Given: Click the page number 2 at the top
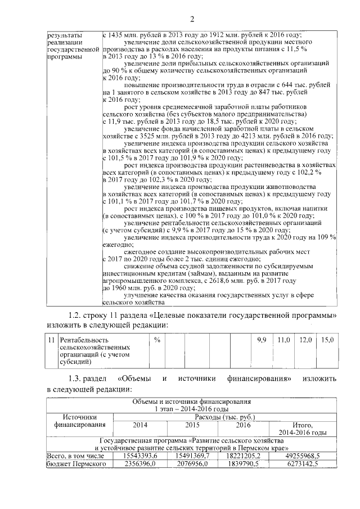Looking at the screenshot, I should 191,21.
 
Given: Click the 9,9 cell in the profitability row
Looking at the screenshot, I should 260,340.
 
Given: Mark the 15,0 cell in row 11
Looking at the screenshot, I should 327,340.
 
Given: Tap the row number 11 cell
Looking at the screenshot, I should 51,340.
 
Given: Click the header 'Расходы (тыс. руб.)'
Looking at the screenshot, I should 225,417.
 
